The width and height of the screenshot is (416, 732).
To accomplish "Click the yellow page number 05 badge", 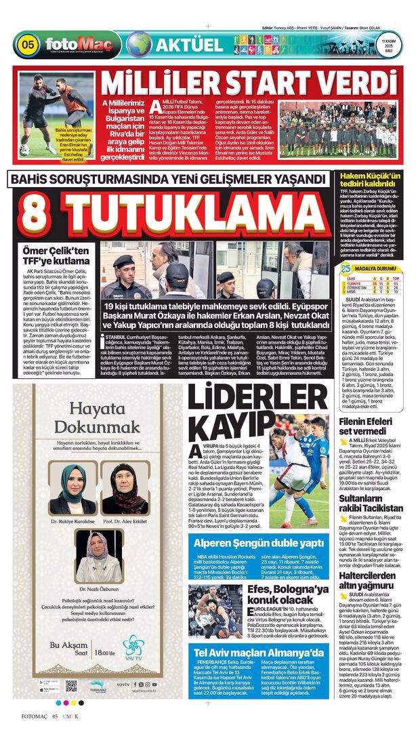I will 28,45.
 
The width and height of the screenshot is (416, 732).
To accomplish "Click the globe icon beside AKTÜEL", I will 139,44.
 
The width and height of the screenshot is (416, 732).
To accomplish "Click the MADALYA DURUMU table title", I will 379,268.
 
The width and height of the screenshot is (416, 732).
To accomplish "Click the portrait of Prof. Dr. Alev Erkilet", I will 124,488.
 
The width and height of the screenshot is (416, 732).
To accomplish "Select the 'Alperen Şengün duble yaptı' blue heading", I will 259,543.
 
